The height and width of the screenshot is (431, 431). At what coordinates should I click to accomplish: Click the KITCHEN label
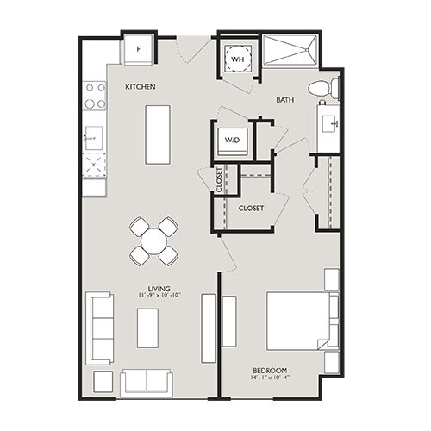click(140, 87)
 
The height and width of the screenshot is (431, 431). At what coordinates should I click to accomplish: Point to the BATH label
click(286, 100)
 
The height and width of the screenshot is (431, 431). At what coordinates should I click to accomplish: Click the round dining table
click(153, 241)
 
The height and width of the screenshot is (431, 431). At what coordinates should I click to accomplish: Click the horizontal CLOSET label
click(251, 209)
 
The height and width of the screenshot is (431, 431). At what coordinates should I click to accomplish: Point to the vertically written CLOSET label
click(219, 179)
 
